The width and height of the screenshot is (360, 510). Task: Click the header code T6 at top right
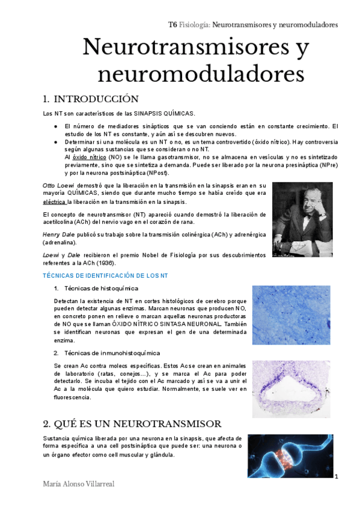(x=172, y=25)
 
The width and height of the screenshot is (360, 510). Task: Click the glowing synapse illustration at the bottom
(x=290, y=456)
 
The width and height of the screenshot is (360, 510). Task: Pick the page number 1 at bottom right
(x=338, y=477)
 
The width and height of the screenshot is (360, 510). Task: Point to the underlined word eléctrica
(x=54, y=202)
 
